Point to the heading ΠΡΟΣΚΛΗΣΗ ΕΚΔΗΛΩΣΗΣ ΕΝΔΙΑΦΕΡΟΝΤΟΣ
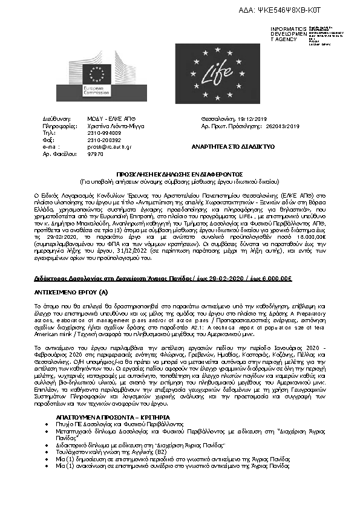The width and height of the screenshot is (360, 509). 181,173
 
